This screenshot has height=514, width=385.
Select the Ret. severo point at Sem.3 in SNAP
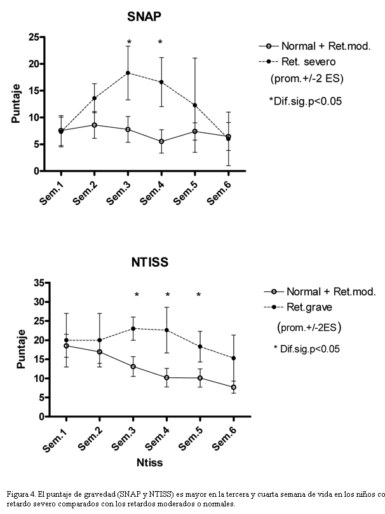pyautogui.click(x=128, y=73)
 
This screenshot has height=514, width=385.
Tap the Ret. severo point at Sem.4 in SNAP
pyautogui.click(x=161, y=82)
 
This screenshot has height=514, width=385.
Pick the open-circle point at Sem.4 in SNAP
pyautogui.click(x=161, y=141)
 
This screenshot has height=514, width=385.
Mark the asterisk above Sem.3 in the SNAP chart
pyautogui.click(x=128, y=43)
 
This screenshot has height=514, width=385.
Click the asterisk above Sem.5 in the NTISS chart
pyautogui.click(x=198, y=295)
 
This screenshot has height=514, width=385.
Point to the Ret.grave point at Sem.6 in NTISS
pyautogui.click(x=233, y=358)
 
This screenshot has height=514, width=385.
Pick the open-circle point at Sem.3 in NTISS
pyautogui.click(x=133, y=366)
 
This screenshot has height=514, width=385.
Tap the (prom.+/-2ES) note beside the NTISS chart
pyautogui.click(x=309, y=328)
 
